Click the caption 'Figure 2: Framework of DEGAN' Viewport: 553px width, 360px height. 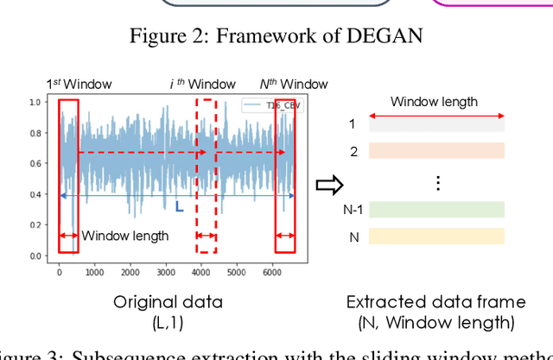pyautogui.click(x=276, y=35)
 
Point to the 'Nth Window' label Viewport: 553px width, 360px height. pyautogui.click(x=294, y=84)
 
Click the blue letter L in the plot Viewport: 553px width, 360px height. pyautogui.click(x=180, y=207)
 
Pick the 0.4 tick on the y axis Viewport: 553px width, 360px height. pyautogui.click(x=35, y=194)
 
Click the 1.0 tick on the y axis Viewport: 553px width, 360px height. pyautogui.click(x=35, y=102)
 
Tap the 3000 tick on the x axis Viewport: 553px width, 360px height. pyautogui.click(x=165, y=272)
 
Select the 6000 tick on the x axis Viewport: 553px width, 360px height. pyautogui.click(x=271, y=272)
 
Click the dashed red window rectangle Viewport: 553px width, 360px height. pyautogui.click(x=206, y=175)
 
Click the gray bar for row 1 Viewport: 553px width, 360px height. pyautogui.click(x=436, y=124)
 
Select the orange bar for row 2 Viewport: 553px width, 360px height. pyautogui.click(x=436, y=150)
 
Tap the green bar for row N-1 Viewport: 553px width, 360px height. pyautogui.click(x=436, y=210)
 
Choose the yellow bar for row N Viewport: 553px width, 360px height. pyautogui.click(x=436, y=236)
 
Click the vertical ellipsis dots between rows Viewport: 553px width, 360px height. pyautogui.click(x=438, y=182)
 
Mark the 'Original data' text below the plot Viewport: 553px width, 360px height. pyautogui.click(x=169, y=302)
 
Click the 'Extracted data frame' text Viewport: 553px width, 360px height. pyautogui.click(x=435, y=302)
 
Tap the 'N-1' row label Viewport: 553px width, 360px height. pyautogui.click(x=350, y=210)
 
